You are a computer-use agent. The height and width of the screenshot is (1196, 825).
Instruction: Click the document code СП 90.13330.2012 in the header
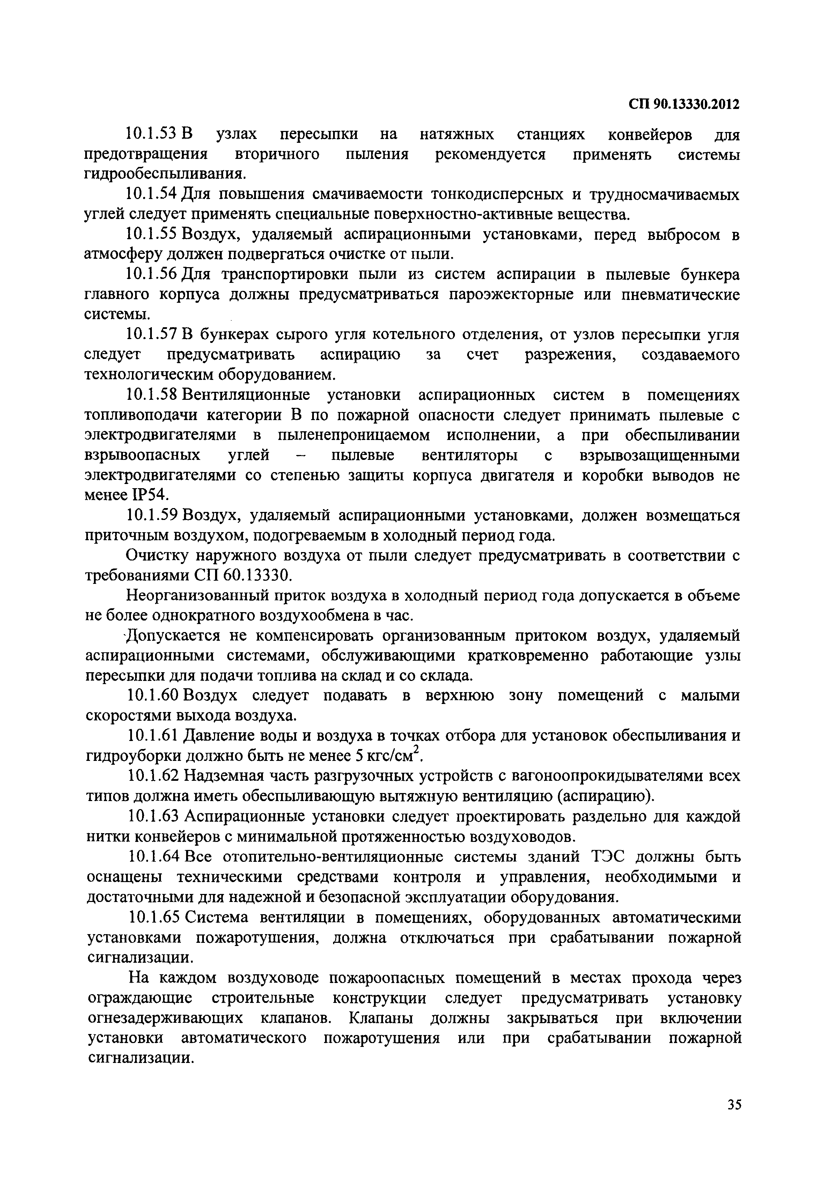click(684, 104)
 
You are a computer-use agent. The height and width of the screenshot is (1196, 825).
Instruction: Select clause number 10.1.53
click(153, 134)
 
